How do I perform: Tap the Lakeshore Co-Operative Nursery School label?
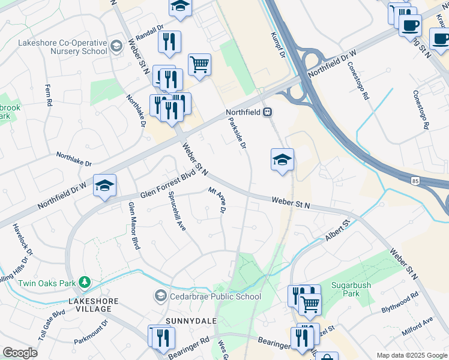pos(62,47)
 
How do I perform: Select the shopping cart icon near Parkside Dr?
pos(199,64)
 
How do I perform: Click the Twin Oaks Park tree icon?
pos(85,281)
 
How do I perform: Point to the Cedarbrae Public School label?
pos(214,296)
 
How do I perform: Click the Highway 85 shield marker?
pos(415,180)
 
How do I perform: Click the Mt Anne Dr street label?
pos(217,200)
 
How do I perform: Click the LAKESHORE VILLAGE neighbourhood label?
pos(90,305)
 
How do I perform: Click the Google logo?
pos(20,353)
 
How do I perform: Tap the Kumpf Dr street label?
pos(277,46)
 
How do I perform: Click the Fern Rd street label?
pos(49,95)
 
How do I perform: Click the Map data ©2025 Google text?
pos(411,355)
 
